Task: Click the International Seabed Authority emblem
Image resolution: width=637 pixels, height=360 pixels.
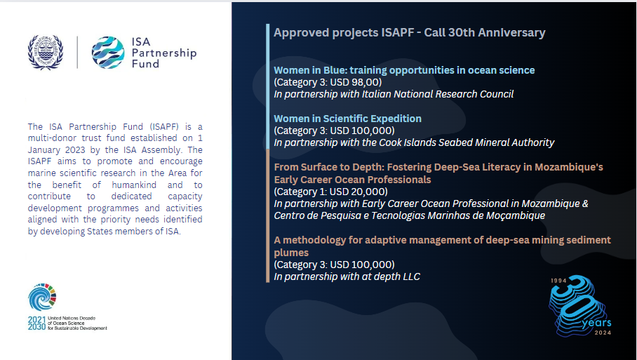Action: [46, 53]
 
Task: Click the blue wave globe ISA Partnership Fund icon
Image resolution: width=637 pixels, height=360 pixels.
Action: [108, 53]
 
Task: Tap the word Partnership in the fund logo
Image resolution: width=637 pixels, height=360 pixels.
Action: [164, 53]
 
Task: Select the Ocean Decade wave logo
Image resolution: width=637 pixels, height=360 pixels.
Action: [42, 297]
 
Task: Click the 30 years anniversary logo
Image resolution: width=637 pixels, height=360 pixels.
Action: [579, 306]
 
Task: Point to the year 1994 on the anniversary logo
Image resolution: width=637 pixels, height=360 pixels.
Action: [558, 281]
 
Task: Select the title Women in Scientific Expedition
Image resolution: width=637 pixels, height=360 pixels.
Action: [347, 119]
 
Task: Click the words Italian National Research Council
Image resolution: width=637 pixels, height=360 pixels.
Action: [438, 94]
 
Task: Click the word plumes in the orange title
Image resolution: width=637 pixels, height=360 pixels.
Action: [291, 253]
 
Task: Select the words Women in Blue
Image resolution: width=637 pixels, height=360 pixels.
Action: [310, 70]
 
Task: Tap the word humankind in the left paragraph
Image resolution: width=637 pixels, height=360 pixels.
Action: [134, 185]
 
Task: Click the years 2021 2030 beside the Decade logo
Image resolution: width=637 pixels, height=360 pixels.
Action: [36, 324]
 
